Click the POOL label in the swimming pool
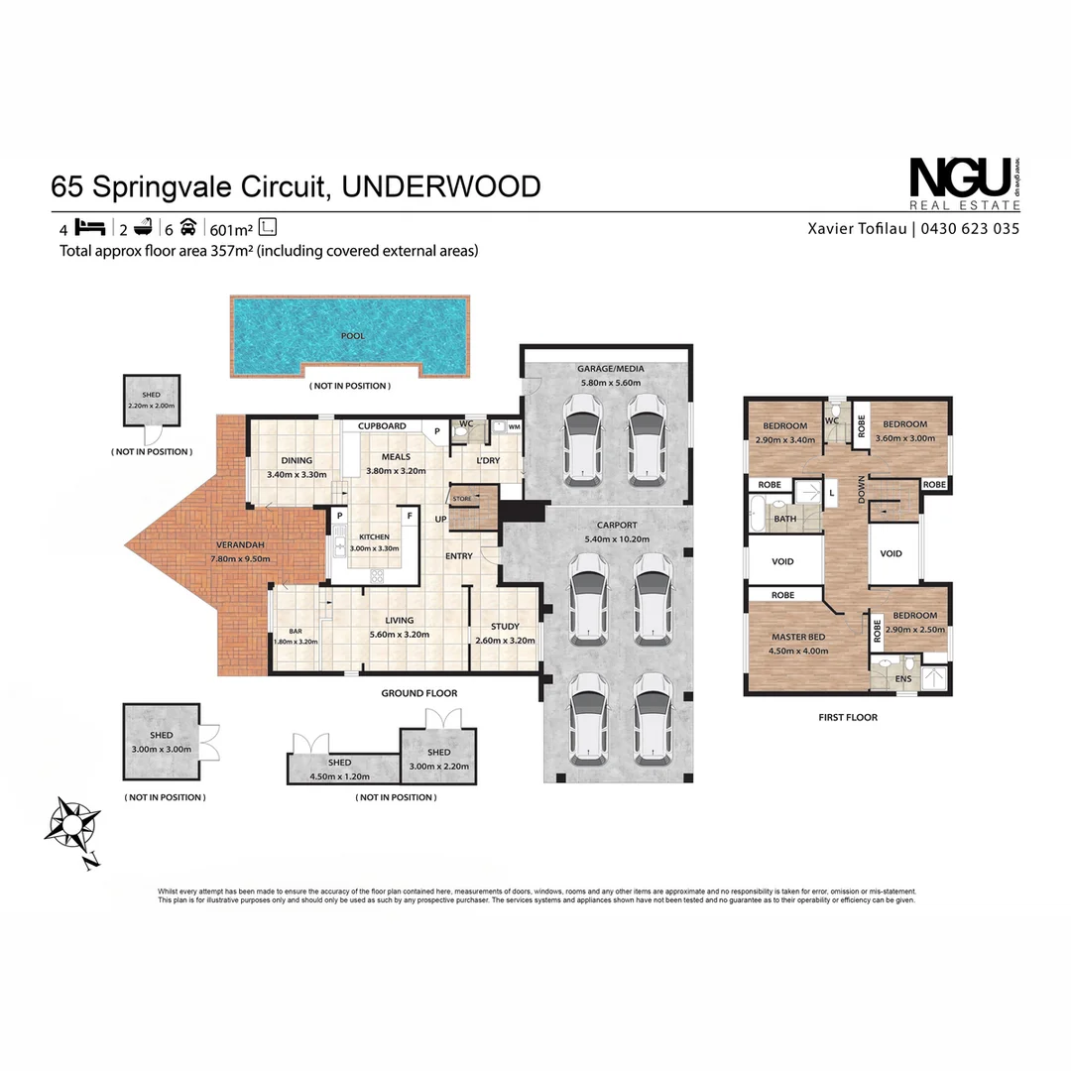pyautogui.click(x=352, y=336)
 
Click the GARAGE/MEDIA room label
pyautogui.click(x=610, y=369)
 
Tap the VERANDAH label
pyautogui.click(x=235, y=545)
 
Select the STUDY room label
pyautogui.click(x=505, y=626)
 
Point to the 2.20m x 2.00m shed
pyautogui.click(x=150, y=401)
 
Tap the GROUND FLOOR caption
pyautogui.click(x=418, y=693)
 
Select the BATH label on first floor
pyautogui.click(x=784, y=519)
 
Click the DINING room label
pyautogui.click(x=296, y=460)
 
